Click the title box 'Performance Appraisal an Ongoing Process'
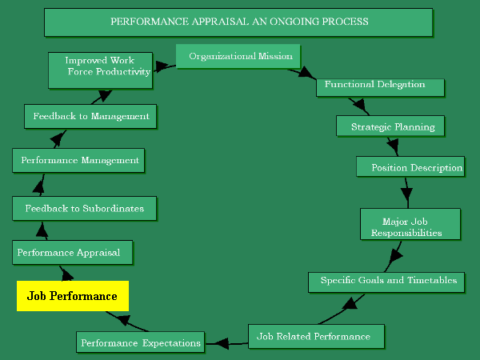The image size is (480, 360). [x=238, y=22]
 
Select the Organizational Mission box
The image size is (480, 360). [x=239, y=57]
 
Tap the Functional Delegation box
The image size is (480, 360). [x=374, y=85]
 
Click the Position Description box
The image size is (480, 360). [x=410, y=168]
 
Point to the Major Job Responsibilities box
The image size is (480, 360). [x=410, y=225]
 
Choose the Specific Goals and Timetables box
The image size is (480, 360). [x=387, y=281]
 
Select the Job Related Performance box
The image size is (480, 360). [x=316, y=336]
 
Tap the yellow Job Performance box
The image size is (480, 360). [x=72, y=296]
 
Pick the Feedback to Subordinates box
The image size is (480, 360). [x=84, y=209]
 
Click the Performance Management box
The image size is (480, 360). [x=79, y=161]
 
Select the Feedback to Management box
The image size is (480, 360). [x=90, y=116]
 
